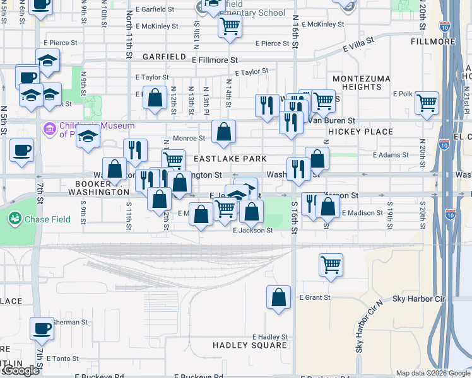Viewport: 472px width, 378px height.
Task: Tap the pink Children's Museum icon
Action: (x=49, y=129)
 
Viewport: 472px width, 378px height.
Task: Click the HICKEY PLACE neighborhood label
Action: (x=360, y=132)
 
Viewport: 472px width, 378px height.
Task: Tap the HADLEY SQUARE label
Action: (x=250, y=345)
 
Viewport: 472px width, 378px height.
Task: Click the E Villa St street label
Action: (x=358, y=43)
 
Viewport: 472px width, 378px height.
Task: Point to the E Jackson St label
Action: (x=252, y=231)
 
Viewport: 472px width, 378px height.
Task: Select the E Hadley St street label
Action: (x=269, y=337)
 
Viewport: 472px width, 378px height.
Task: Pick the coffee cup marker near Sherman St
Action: (x=42, y=329)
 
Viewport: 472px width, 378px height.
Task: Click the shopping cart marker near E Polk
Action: (x=427, y=103)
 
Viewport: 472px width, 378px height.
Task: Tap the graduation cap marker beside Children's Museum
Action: (x=89, y=136)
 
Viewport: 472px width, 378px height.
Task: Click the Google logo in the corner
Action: (x=21, y=370)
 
